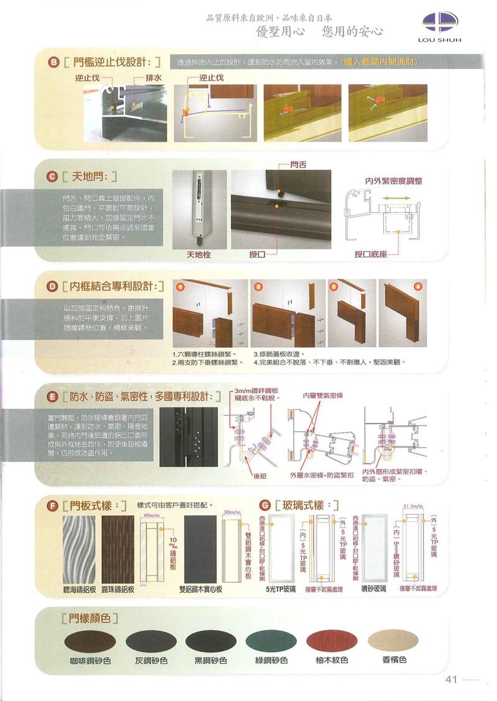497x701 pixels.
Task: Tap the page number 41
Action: (x=451, y=679)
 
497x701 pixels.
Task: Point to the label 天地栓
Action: (x=199, y=255)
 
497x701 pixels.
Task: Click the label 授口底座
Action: (x=370, y=255)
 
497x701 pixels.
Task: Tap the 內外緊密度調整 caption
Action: (x=393, y=181)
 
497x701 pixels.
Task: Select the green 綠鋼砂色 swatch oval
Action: (x=271, y=640)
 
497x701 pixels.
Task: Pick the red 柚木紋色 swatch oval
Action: (x=332, y=640)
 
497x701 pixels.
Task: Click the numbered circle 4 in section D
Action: (x=417, y=286)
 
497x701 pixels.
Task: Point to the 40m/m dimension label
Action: (x=152, y=516)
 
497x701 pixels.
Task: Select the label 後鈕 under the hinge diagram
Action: (x=260, y=476)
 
